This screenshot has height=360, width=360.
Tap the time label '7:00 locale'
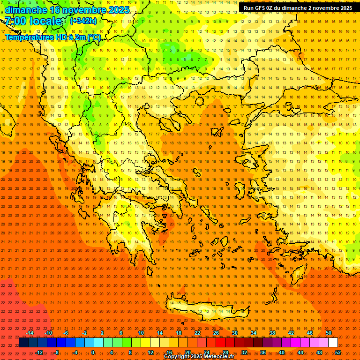click(33, 21)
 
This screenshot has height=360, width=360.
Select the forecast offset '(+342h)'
click(83, 21)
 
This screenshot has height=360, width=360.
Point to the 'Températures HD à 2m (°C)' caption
click(53, 37)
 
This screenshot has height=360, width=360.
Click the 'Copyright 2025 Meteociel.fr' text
click(199, 357)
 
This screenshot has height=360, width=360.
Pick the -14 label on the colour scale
click(30, 333)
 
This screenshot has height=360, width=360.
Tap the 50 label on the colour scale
click(328, 333)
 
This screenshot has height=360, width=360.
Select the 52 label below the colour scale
click(338, 352)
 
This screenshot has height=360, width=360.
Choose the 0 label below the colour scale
click(93, 352)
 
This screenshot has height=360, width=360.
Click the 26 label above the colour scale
click(216, 333)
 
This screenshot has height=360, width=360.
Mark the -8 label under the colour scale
click(56, 352)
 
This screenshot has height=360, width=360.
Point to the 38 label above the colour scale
click(272, 333)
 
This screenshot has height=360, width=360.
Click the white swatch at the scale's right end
click(333, 343)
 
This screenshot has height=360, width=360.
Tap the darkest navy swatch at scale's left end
click(23, 343)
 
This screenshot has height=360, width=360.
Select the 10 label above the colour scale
click(141, 333)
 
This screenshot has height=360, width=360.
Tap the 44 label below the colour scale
click(300, 352)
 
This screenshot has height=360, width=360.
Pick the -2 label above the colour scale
click(85, 333)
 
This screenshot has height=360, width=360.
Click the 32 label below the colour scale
click(244, 352)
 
